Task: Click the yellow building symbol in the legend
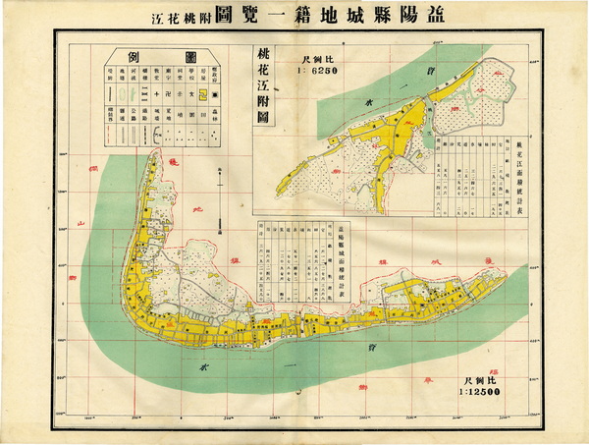click(x=204, y=95)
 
